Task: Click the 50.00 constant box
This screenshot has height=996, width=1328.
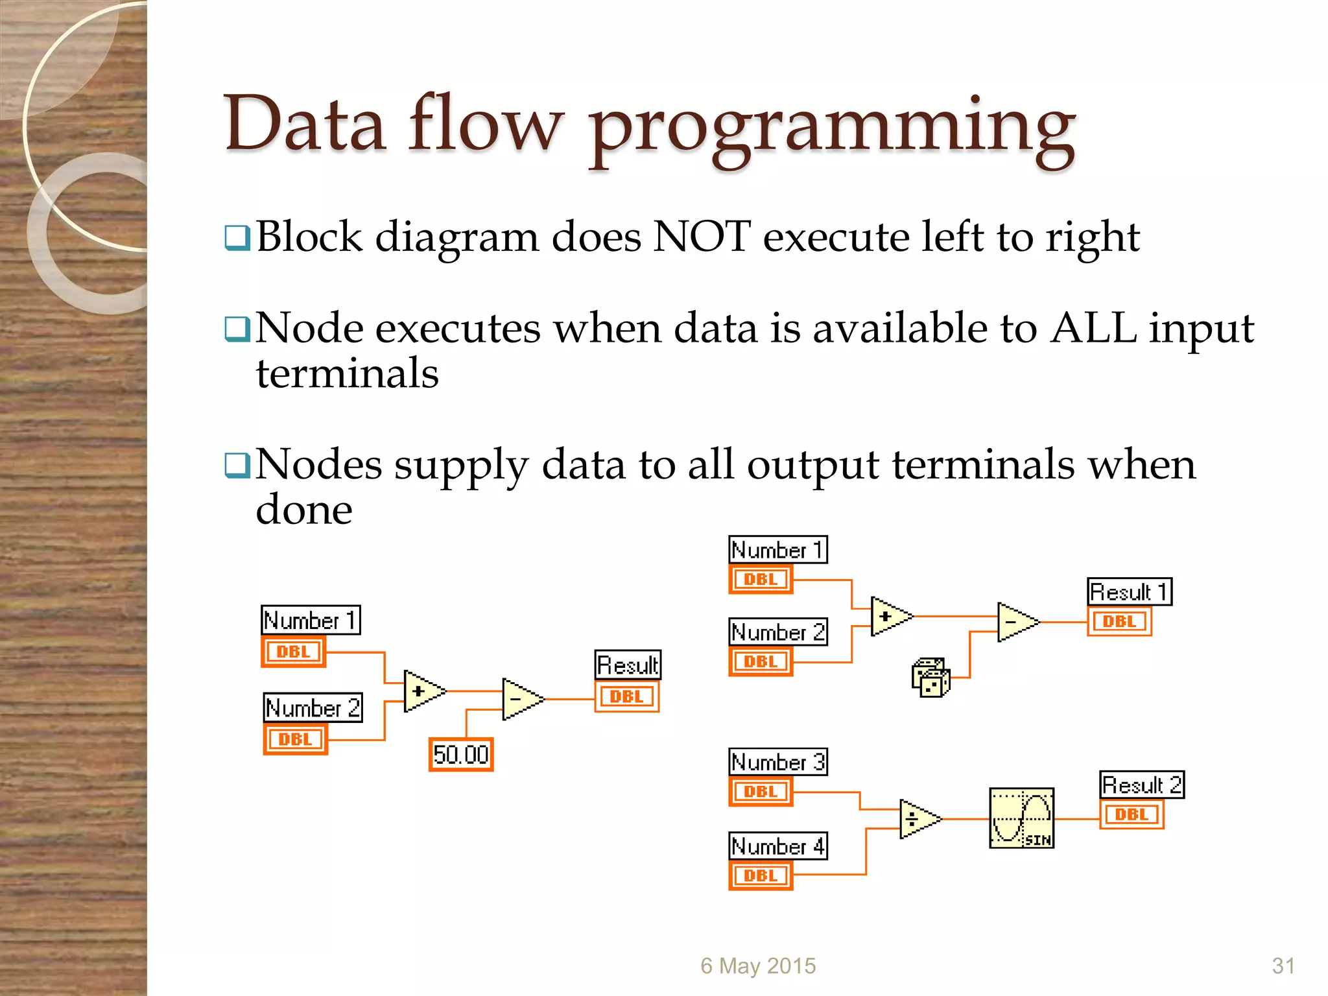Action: pyautogui.click(x=461, y=754)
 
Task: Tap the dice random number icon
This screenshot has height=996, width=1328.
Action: pyautogui.click(x=931, y=678)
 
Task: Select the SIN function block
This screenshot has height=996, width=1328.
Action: pyautogui.click(x=1021, y=818)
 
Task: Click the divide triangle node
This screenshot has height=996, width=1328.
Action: pyautogui.click(x=918, y=819)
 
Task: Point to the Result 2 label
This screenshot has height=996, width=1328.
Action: pyautogui.click(x=1142, y=785)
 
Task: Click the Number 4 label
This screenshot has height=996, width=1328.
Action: pyautogui.click(x=778, y=846)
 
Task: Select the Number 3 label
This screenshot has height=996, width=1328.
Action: pyautogui.click(x=778, y=762)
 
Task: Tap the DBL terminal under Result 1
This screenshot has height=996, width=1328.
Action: pyautogui.click(x=1119, y=621)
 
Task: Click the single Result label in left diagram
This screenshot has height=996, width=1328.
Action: pyautogui.click(x=628, y=665)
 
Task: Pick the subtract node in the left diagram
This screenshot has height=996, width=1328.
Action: pyautogui.click(x=520, y=699)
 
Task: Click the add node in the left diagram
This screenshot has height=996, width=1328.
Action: pyautogui.click(x=421, y=691)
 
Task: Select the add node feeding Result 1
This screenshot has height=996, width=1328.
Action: pyautogui.click(x=888, y=617)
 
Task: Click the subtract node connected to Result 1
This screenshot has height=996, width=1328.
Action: pyautogui.click(x=1015, y=622)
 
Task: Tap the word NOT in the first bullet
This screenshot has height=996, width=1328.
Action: pyautogui.click(x=702, y=237)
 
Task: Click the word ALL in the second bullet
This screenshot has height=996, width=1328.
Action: pyautogui.click(x=1094, y=328)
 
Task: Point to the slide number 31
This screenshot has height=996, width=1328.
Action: pyautogui.click(x=1283, y=966)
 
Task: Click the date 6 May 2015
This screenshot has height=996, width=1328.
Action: pyautogui.click(x=758, y=966)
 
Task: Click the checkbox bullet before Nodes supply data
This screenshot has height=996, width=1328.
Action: pyautogui.click(x=237, y=465)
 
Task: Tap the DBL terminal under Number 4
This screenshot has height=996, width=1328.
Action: pyautogui.click(x=761, y=875)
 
